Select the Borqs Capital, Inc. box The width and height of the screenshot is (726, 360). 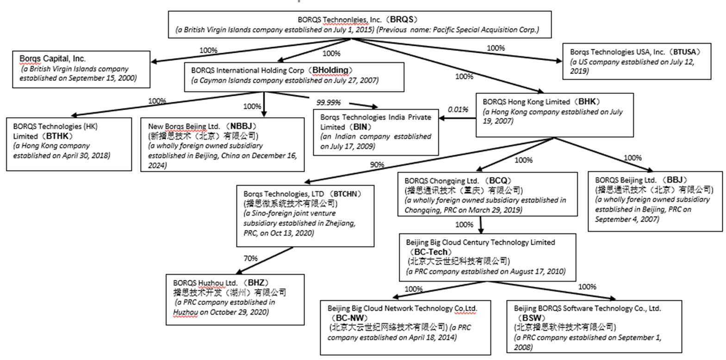[81, 69]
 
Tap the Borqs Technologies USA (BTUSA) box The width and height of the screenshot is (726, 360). [637, 62]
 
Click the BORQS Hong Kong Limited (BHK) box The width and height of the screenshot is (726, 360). [554, 115]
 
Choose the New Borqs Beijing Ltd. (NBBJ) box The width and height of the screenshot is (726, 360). [223, 144]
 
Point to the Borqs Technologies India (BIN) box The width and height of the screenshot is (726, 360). [376, 132]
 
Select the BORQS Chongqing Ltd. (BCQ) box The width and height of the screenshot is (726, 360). [487, 194]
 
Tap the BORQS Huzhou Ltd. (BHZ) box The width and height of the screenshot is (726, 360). [235, 298]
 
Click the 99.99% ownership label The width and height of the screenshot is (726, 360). [329, 102]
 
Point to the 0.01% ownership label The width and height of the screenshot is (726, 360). [458, 110]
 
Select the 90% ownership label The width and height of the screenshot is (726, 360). [377, 165]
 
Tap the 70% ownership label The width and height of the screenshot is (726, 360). [250, 259]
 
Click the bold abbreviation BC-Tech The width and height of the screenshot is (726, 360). [431, 252]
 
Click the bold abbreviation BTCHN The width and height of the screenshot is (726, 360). [346, 194]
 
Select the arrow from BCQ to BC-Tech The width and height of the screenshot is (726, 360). [481, 225]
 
